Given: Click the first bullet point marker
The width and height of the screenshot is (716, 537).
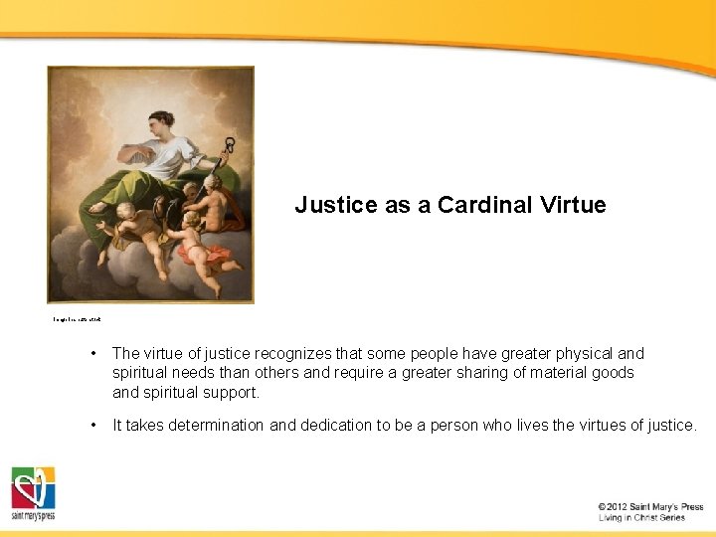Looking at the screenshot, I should point(91,354).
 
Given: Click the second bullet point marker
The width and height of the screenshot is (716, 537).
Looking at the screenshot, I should point(91,426).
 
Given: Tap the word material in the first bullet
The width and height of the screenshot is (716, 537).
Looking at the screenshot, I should point(534,373).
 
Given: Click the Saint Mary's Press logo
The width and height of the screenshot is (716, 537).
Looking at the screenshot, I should point(33,493).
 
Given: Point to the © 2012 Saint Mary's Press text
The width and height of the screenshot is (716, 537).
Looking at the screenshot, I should point(650,507).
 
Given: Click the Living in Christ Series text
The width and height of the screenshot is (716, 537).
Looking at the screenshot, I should point(641,518).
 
